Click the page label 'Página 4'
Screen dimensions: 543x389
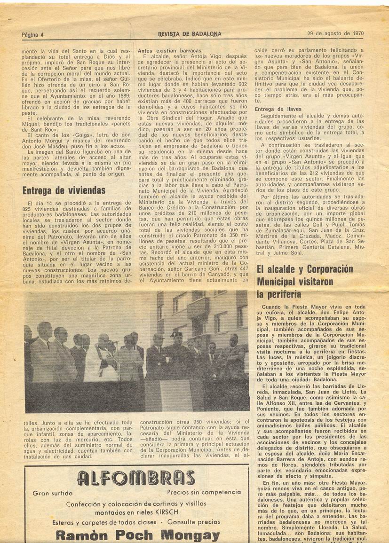pyautogui.click(x=32, y=34)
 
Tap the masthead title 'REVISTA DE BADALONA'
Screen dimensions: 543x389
pyautogui.click(x=190, y=34)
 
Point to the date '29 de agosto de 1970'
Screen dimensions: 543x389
pyautogui.click(x=335, y=33)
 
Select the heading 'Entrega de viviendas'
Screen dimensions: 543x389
pyautogui.click(x=64, y=190)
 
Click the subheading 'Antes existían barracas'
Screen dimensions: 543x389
pyautogui.click(x=169, y=50)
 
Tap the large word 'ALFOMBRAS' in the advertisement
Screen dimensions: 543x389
pyautogui.click(x=136, y=478)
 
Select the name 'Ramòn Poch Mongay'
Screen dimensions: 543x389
pyautogui.click(x=137, y=535)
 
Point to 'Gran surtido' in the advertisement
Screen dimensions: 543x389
pyautogui.click(x=53, y=493)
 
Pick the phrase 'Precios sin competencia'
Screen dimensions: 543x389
pyautogui.click(x=204, y=492)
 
